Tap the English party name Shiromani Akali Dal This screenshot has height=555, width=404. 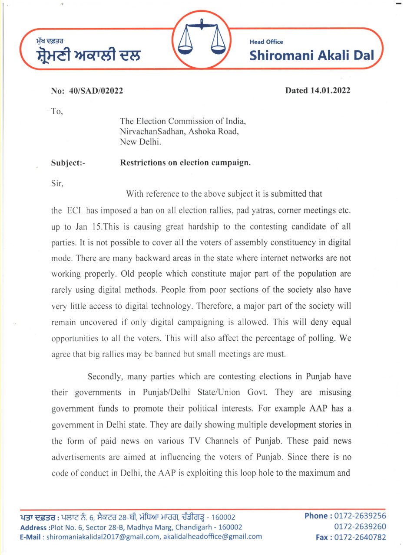coord(311,55)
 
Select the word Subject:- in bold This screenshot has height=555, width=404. coord(69,163)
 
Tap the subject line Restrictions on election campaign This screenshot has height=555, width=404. coord(185,163)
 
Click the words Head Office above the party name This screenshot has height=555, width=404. coord(266,42)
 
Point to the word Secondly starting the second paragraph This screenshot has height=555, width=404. coord(105,376)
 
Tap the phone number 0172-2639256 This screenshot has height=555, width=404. coord(360,516)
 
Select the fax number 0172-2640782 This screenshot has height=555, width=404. coord(360,537)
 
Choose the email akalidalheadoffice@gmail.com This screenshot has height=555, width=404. coord(212,537)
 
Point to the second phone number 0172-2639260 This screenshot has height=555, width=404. coord(360,527)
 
